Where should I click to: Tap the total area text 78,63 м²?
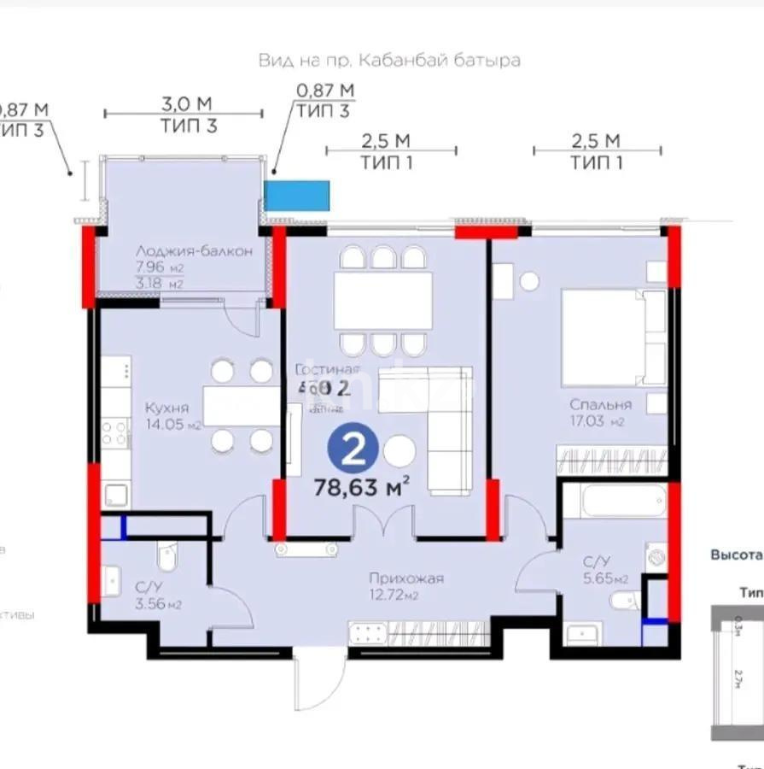pos(363,488)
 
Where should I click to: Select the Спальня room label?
pos(603,405)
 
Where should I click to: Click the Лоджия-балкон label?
pos(193,251)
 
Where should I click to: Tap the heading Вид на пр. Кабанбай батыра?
pos(389,61)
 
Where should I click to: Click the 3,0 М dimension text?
pos(187,104)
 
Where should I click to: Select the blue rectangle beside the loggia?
pos(296,196)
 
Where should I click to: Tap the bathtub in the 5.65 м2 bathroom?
pos(612,504)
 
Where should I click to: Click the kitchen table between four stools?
pos(241,406)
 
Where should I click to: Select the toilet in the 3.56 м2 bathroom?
pos(167,556)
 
